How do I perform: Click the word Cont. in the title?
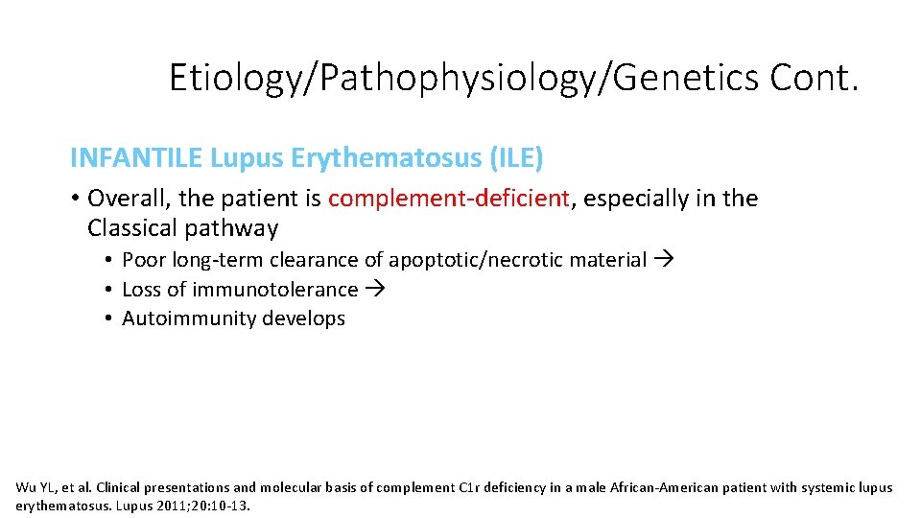click(x=814, y=78)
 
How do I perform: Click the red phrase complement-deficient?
click(x=449, y=199)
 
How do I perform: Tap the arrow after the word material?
click(x=663, y=260)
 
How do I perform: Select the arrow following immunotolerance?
click(x=373, y=290)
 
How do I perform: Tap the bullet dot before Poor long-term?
click(x=111, y=260)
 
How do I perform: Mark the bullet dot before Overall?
click(x=75, y=199)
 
